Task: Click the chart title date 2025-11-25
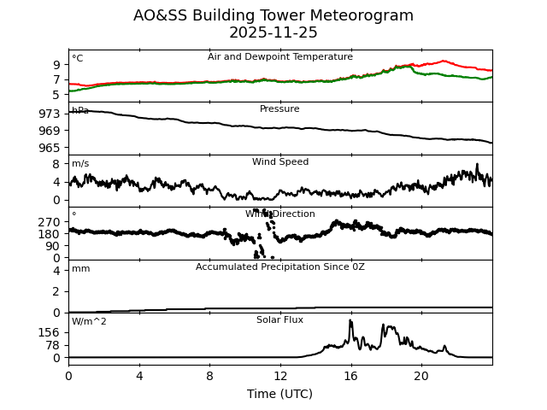[x=273, y=33]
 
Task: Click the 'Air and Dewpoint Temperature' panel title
[x=279, y=57]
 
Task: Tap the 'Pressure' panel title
[x=279, y=109]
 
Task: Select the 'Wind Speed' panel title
[x=279, y=162]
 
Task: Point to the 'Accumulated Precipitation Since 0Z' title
[x=279, y=267]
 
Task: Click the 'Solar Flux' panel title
[x=279, y=320]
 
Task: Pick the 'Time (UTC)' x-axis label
[x=279, y=394]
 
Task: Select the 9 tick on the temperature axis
[x=56, y=65]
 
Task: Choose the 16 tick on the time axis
[x=350, y=376]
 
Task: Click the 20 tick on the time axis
[x=421, y=376]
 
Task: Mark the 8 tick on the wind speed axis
[x=56, y=164]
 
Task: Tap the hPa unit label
[x=80, y=111]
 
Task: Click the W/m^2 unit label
[x=89, y=322]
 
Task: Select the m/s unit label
[x=80, y=164]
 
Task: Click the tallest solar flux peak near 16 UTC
[x=350, y=321]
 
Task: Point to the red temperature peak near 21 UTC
[x=444, y=61]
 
